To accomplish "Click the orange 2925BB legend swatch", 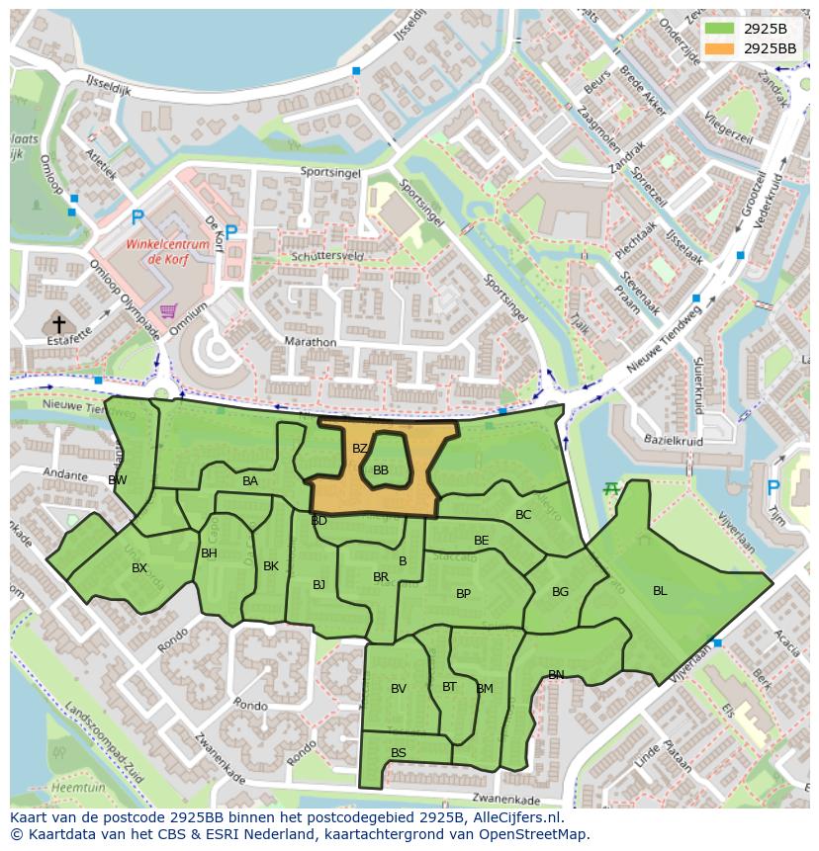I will click(x=720, y=47).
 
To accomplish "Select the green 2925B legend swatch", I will click(x=720, y=28).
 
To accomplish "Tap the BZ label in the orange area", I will click(x=360, y=449).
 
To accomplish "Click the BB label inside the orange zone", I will click(x=381, y=470).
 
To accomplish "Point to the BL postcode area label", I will click(x=660, y=591).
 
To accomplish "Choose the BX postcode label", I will click(x=139, y=568).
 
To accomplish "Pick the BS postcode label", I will click(x=399, y=753).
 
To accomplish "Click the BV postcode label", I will click(x=399, y=689).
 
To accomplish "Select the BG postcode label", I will click(x=561, y=592).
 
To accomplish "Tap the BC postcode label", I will click(x=523, y=515).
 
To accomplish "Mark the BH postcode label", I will click(x=209, y=553).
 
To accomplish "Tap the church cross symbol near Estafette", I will click(x=58, y=323).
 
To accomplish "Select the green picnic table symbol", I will click(x=612, y=488).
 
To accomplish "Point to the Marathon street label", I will click(x=310, y=343).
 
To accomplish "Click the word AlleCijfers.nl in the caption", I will click(x=514, y=818).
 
